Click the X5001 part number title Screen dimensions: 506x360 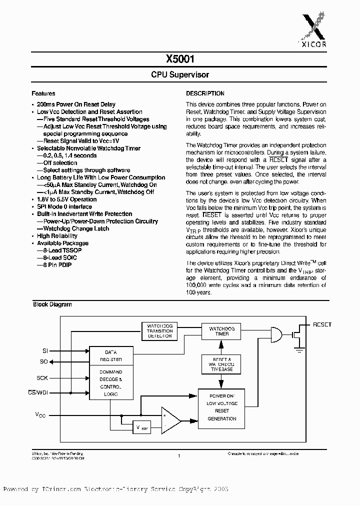pyautogui.click(x=180, y=58)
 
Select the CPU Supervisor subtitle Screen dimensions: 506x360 pyautogui.click(x=180, y=74)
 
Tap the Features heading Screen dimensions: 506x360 pyautogui.click(x=43, y=93)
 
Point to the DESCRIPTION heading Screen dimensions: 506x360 pyautogui.click(x=205, y=93)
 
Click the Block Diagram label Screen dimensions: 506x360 pyautogui.click(x=52, y=304)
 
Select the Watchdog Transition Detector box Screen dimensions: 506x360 pyautogui.click(x=159, y=331)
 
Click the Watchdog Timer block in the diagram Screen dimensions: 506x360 pyautogui.click(x=221, y=331)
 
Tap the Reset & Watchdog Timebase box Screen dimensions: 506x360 pyautogui.click(x=221, y=365)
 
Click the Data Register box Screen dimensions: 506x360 pyautogui.click(x=110, y=356)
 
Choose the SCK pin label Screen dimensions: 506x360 pyautogui.click(x=42, y=378)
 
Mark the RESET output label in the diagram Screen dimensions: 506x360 pyautogui.click(x=322, y=324)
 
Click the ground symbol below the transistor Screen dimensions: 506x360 pyautogui.click(x=299, y=350)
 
